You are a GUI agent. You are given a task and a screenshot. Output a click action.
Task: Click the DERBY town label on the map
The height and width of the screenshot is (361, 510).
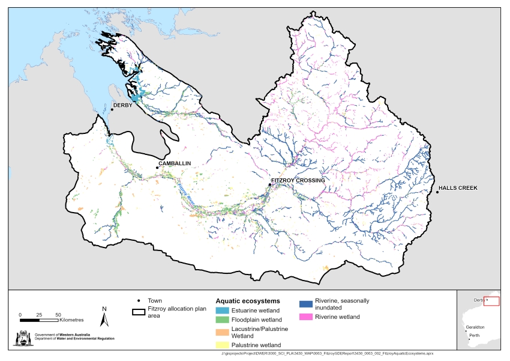(x=124, y=106)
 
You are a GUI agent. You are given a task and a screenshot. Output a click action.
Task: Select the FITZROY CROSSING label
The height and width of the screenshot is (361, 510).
(x=298, y=180)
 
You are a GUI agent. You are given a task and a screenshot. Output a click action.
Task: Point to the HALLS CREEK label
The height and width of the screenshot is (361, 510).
(x=458, y=188)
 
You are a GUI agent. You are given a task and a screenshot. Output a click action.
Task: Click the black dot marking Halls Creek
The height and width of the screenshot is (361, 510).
(x=437, y=192)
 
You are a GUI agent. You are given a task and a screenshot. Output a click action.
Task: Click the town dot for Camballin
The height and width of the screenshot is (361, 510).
(x=157, y=168)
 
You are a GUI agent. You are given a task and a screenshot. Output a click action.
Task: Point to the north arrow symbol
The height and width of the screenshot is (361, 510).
(x=104, y=317)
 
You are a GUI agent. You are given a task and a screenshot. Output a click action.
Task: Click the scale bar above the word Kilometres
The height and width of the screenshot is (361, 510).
(x=39, y=318)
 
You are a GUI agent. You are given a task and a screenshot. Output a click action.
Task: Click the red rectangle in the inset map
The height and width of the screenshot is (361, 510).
(x=491, y=301)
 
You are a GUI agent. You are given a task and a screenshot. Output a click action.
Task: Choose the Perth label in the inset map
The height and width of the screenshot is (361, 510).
(x=475, y=335)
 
